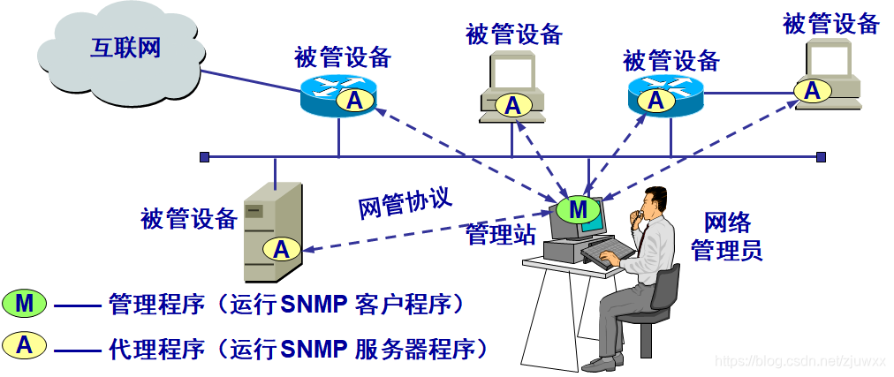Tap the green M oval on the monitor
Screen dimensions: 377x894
[x=578, y=209]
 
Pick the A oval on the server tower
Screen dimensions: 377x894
[x=281, y=250]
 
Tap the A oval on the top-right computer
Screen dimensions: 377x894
[x=812, y=89]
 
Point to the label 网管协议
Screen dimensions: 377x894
[x=405, y=202]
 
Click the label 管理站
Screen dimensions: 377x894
[x=501, y=235]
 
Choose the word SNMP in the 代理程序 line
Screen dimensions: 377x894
[x=314, y=347]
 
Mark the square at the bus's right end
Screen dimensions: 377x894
[x=821, y=157]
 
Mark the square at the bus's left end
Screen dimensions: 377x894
[x=204, y=157]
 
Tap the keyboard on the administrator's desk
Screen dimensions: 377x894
[x=610, y=251]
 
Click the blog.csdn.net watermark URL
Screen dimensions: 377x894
[x=799, y=362]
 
